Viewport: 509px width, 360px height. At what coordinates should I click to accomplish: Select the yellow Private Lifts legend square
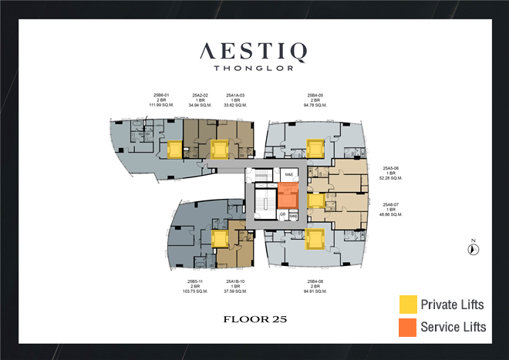[x=407, y=304]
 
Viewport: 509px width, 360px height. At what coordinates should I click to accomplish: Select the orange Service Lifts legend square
[x=407, y=327]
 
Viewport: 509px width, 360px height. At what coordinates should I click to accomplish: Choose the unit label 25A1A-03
[x=235, y=96]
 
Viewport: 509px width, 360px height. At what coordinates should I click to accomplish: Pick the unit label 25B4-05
[x=314, y=96]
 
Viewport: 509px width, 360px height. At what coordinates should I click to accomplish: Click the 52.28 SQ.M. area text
[x=393, y=177]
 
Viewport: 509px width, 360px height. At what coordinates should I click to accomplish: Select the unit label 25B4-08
[x=314, y=281]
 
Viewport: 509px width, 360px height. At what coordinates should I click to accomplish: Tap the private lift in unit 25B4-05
[x=314, y=148]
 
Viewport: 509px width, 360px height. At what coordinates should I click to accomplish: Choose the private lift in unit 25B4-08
[x=314, y=239]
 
